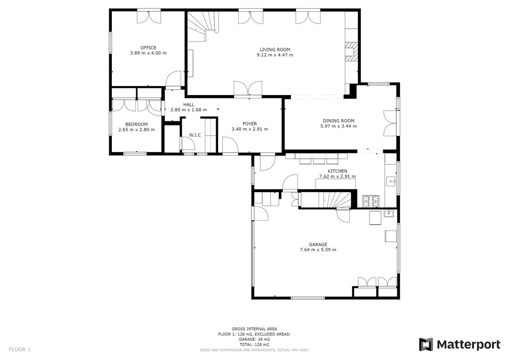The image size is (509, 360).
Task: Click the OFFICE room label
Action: click(148, 48)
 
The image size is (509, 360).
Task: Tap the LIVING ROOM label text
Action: click(275, 50)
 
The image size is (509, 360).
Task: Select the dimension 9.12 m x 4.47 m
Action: click(275, 55)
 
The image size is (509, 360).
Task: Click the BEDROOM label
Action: click(136, 125)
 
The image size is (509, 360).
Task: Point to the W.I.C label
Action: click(195, 135)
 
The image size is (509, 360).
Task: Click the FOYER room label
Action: click(250, 124)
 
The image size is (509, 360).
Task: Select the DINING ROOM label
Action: click(338, 121)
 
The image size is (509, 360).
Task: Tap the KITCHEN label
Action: click(338, 171)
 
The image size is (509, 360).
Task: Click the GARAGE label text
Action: click(318, 245)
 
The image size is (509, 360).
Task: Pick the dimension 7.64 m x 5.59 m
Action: click(318, 249)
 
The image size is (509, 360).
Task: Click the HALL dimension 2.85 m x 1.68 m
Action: click(189, 110)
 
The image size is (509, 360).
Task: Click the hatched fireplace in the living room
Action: click(351, 51)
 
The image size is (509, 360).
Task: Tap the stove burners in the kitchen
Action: click(370, 201)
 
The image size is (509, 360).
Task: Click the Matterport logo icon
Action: click(426, 344)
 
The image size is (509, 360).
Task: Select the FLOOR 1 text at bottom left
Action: click(19, 350)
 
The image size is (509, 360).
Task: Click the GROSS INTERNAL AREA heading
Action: click(255, 329)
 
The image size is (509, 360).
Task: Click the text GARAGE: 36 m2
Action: click(255, 339)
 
